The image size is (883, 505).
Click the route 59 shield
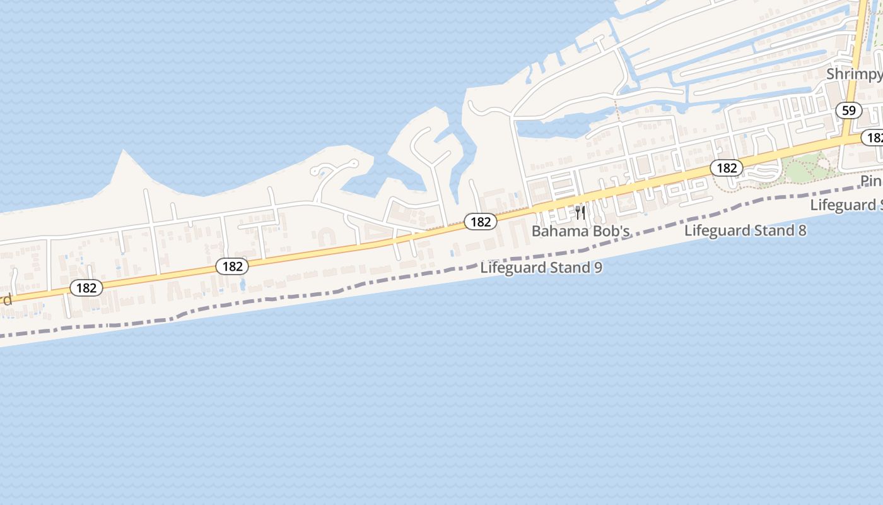[849, 110]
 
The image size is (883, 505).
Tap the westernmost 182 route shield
[86, 288]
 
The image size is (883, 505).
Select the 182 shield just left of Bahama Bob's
[481, 222]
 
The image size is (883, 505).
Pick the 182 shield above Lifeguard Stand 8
[727, 168]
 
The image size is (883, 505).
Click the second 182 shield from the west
[232, 266]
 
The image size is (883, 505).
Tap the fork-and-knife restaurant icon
[580, 212]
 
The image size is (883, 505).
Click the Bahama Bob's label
[581, 232]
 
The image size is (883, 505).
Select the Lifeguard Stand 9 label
[541, 268]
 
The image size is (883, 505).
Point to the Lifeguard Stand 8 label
[745, 230]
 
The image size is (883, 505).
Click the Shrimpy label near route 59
[854, 74]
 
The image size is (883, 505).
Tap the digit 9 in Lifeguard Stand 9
[597, 268]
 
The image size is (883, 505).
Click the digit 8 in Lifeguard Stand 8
[802, 230]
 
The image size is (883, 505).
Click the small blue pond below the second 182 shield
[243, 285]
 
